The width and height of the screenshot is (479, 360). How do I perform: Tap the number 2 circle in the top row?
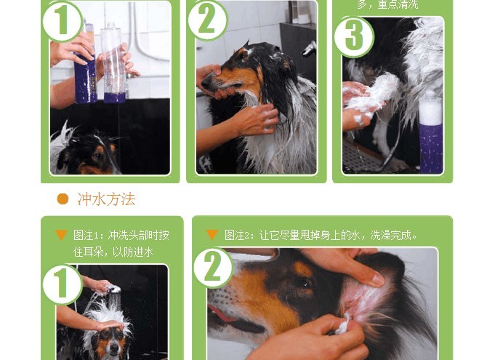tap(208, 20)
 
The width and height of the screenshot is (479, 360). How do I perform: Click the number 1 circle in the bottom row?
tap(63, 284)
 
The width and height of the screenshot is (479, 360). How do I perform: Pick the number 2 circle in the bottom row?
tap(213, 268)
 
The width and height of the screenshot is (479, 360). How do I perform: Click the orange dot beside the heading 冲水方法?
tap(63, 199)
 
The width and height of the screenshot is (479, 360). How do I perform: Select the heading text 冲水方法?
tap(106, 199)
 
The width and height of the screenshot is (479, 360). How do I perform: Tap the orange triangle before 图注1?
tap(62, 235)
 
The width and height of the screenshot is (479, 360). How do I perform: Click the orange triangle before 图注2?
tap(212, 235)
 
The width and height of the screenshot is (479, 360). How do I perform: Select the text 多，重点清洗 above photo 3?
tap(387, 5)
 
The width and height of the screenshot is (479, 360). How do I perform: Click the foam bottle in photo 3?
tap(431, 135)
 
